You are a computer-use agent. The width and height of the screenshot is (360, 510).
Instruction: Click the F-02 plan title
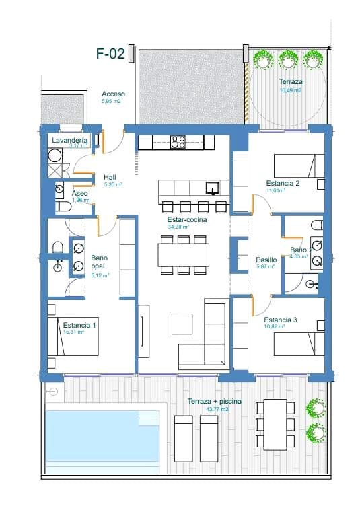click(x=110, y=54)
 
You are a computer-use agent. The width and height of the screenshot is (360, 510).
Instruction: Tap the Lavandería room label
click(x=69, y=139)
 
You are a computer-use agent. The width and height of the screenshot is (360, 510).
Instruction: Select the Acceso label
click(x=113, y=94)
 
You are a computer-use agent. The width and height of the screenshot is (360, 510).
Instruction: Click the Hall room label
click(x=110, y=177)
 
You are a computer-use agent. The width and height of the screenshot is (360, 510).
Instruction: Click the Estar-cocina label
click(x=187, y=219)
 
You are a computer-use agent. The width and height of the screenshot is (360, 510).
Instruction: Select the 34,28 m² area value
click(x=177, y=227)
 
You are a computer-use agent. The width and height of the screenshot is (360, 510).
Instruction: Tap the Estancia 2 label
click(x=283, y=183)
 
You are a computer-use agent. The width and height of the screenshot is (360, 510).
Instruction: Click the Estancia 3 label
click(x=281, y=320)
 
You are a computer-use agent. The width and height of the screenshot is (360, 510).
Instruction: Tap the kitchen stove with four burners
click(x=178, y=142)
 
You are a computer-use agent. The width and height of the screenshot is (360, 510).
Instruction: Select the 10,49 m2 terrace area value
click(x=290, y=89)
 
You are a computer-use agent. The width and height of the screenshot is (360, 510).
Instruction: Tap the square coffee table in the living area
click(x=182, y=324)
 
